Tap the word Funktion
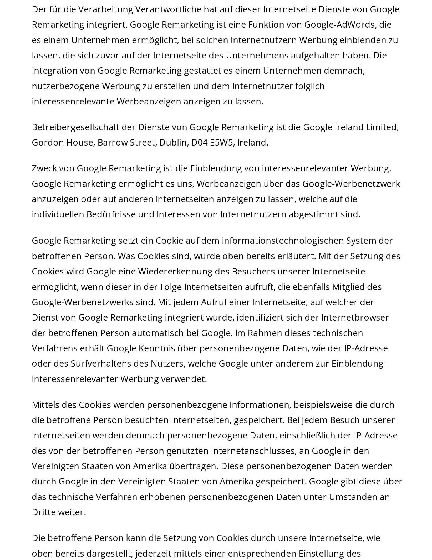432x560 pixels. [x=266, y=25]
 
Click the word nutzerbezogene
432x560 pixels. [x=66, y=86]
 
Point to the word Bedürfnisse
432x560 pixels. [x=111, y=214]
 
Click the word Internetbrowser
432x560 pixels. [x=355, y=318]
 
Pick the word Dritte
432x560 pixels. [x=43, y=512]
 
